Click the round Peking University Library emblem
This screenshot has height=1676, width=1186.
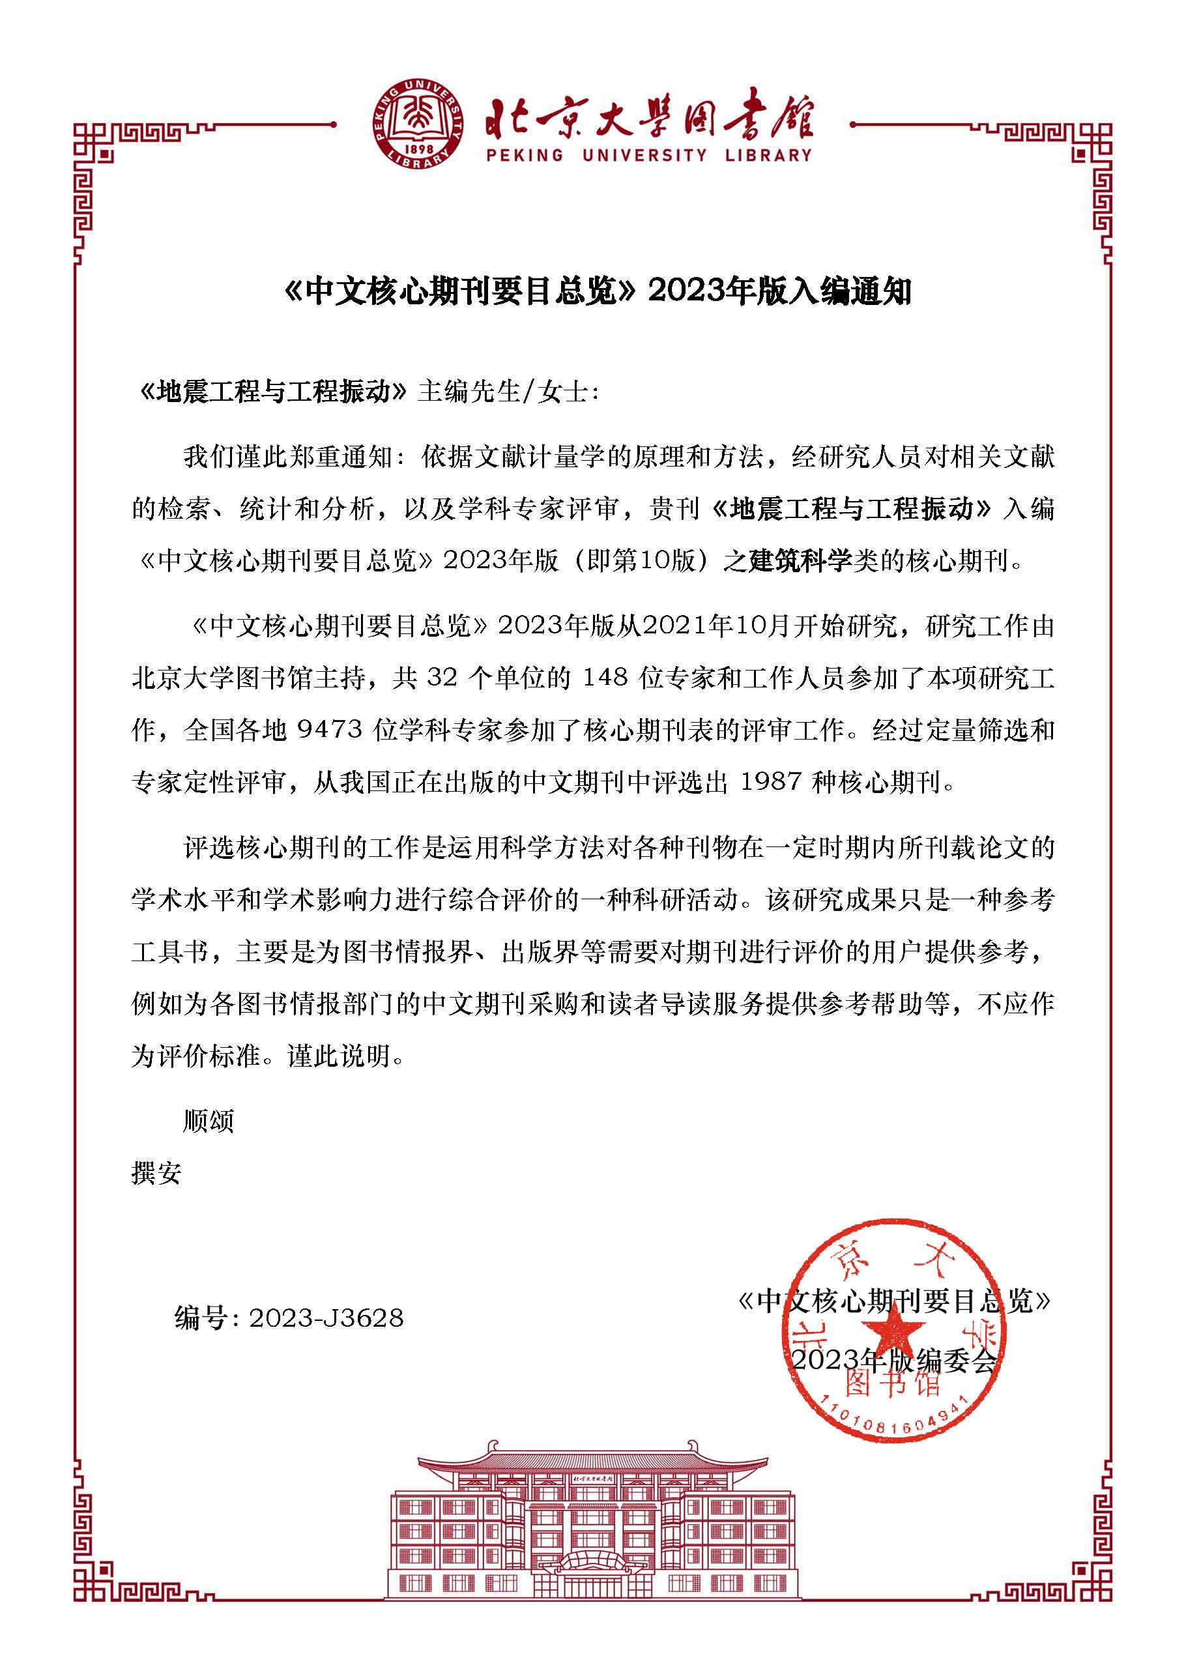[x=419, y=125]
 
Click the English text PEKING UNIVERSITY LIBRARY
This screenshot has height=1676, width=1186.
[x=648, y=156]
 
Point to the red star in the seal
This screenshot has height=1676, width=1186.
[x=897, y=1331]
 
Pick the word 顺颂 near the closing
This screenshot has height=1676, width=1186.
[x=208, y=1121]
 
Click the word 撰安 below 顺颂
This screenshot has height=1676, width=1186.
[x=156, y=1174]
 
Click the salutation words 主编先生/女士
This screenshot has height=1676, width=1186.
[x=508, y=393]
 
